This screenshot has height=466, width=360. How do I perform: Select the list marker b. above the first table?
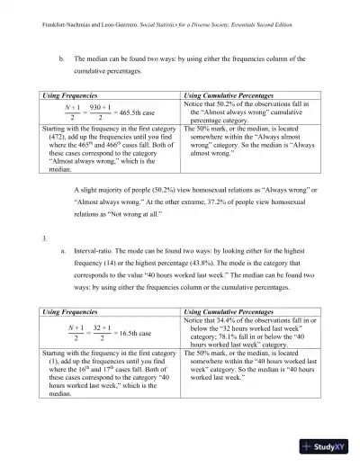(61, 56)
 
